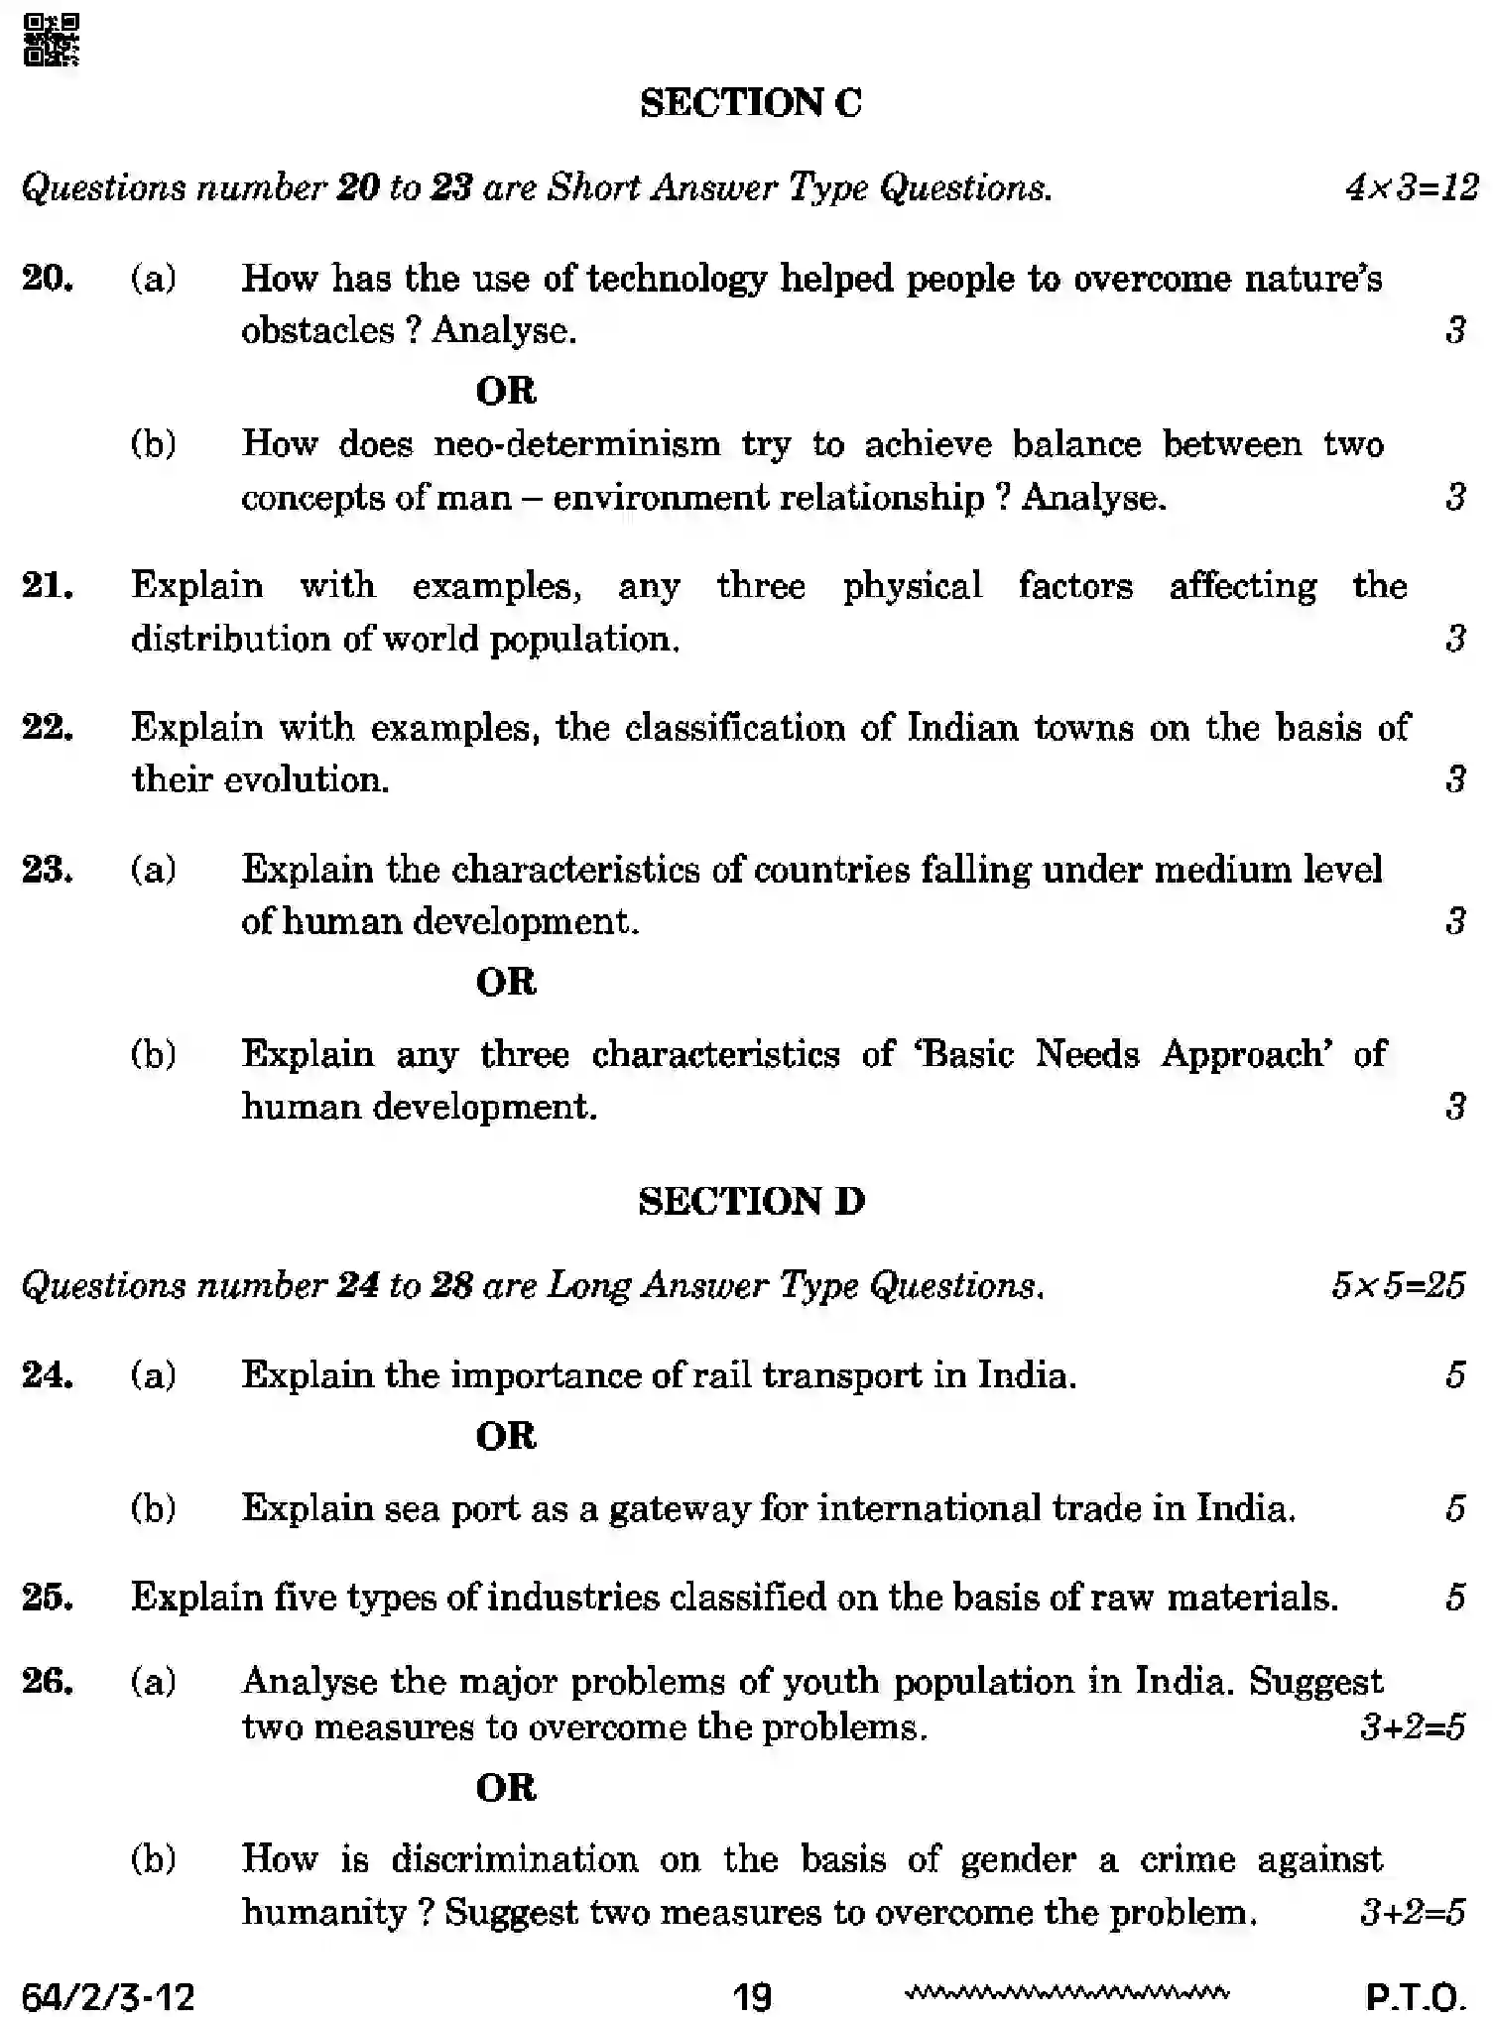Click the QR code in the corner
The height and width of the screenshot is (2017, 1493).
tap(51, 40)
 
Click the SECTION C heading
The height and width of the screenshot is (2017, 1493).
tap(751, 103)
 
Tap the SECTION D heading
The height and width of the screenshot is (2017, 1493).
tap(751, 1201)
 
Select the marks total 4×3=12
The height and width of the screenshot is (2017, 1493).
tap(1411, 187)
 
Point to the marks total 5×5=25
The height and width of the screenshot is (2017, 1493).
tap(1397, 1286)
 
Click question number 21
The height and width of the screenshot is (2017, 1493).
tap(48, 586)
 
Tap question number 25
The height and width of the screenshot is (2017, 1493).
tap(48, 1597)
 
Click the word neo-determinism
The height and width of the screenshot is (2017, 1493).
tap(577, 443)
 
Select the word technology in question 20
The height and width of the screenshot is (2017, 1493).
tap(676, 279)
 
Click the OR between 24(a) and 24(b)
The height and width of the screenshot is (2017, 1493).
tap(506, 1436)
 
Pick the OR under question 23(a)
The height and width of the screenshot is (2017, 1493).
tap(506, 982)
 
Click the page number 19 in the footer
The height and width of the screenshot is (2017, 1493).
tap(751, 1995)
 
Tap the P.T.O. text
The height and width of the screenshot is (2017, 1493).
tap(1415, 1995)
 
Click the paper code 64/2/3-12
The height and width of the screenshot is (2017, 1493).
tap(108, 1995)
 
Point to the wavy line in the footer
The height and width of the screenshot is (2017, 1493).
tap(1066, 1991)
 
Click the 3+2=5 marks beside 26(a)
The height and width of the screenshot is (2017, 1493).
tap(1412, 1727)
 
